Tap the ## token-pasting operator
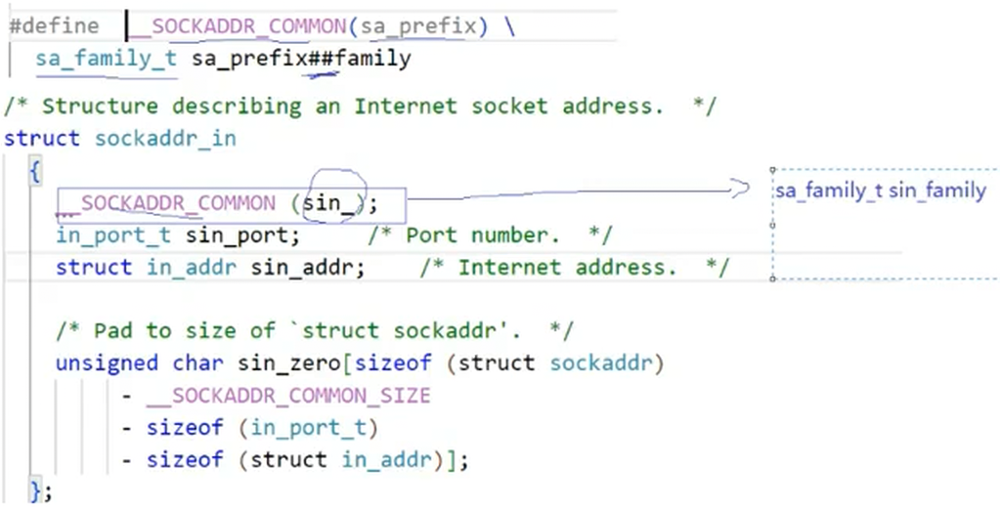click(322, 59)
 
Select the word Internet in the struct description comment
click(405, 106)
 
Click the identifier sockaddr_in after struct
click(165, 138)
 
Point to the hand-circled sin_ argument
click(332, 203)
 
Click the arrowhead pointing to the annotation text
click(740, 189)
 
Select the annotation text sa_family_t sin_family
click(880, 191)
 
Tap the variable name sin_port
click(242, 235)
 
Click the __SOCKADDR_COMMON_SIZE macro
click(287, 396)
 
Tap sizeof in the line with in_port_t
click(185, 427)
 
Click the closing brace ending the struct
click(36, 489)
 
